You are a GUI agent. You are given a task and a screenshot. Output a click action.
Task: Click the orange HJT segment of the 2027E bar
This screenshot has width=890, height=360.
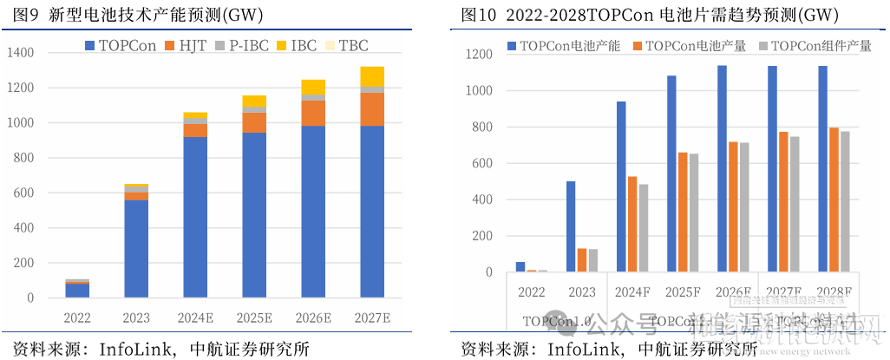[x=372, y=109]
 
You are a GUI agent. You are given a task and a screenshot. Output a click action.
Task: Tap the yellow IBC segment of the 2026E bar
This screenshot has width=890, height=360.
[x=314, y=87]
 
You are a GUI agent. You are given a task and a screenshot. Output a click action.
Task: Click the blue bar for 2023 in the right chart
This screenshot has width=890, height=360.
[x=571, y=226]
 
